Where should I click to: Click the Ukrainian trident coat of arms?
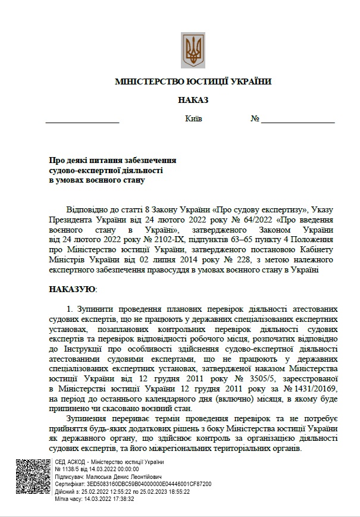[x=193, y=50]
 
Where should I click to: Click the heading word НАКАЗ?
[x=193, y=100]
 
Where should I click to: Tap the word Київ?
[x=194, y=118]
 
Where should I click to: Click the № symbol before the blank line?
[x=255, y=118]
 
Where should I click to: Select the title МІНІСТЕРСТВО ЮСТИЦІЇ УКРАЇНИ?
[x=193, y=81]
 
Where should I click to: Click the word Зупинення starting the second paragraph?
[x=89, y=419]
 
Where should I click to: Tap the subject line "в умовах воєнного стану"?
[x=97, y=180]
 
